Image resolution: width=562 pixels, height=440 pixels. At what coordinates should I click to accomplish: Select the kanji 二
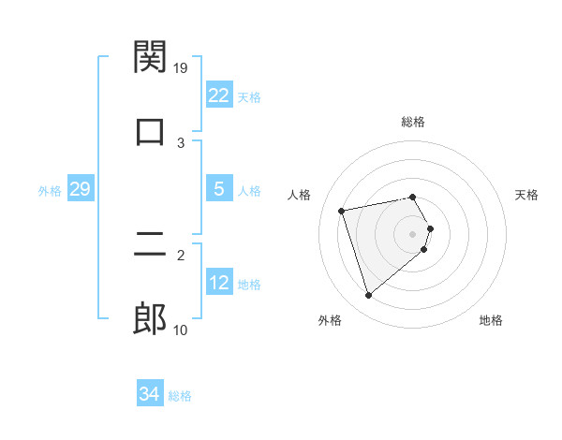[150, 246]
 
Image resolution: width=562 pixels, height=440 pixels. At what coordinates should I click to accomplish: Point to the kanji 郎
[150, 319]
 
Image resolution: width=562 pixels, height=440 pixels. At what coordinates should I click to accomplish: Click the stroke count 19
[182, 67]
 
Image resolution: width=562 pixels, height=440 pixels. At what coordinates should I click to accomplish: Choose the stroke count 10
[181, 330]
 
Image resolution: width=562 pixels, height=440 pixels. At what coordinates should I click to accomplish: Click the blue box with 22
[218, 95]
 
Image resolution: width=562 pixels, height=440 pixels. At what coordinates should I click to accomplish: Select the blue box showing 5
[218, 189]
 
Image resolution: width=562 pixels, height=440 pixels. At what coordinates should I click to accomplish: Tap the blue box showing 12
[218, 283]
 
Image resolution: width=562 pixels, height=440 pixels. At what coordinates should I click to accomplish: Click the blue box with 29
[80, 189]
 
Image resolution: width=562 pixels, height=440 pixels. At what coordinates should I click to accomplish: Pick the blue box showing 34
[149, 394]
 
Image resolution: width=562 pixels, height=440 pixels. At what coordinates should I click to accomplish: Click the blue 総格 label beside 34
[180, 396]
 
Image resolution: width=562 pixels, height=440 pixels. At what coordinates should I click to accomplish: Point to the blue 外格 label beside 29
[50, 191]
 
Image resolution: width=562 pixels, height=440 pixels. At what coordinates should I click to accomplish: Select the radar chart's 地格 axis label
[491, 321]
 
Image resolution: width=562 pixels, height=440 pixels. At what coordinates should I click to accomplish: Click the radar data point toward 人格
[342, 210]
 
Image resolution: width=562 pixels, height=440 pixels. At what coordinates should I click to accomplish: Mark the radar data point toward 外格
[368, 295]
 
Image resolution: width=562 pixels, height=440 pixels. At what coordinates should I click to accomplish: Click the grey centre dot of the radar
[413, 233]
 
